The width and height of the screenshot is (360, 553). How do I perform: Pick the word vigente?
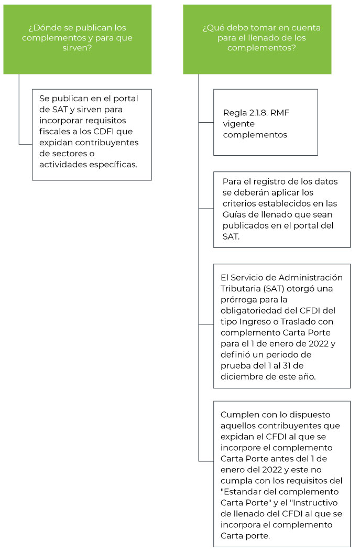tap(239, 124)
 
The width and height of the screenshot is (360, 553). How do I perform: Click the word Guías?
tap(235, 214)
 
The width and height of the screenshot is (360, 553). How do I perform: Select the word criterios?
tap(239, 203)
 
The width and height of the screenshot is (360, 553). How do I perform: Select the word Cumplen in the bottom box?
tap(238, 415)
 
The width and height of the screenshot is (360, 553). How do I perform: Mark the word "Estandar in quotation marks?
tap(243, 492)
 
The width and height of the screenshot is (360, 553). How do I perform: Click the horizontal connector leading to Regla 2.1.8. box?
tap(206, 123)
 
